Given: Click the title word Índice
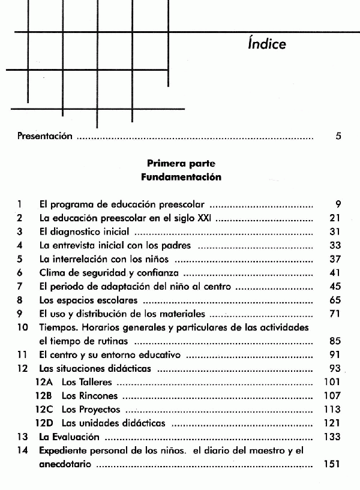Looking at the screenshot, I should (x=266, y=44).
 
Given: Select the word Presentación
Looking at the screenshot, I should (x=44, y=136).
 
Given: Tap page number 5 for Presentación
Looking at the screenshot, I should (x=338, y=136).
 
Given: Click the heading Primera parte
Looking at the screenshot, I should (x=181, y=163).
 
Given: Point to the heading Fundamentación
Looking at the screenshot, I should (x=181, y=177).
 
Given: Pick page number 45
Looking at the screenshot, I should (x=335, y=286).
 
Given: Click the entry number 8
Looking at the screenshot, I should (x=20, y=300).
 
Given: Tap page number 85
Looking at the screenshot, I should (x=335, y=341).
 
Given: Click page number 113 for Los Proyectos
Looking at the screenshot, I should (x=332, y=410).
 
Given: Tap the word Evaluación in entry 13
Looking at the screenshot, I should (x=74, y=437).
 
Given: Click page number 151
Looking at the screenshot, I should (x=332, y=464).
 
